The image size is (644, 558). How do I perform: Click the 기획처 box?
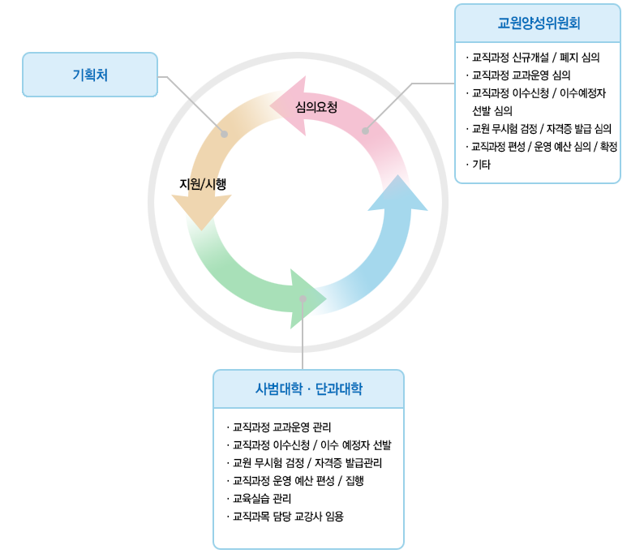point(90,75)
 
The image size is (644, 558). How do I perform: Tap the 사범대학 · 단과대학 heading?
point(308,389)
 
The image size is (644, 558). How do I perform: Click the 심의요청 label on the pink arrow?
point(316,106)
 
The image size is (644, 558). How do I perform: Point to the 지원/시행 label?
point(203,184)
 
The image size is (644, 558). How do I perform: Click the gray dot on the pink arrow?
point(365,131)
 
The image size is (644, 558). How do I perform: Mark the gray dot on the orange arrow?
point(225,134)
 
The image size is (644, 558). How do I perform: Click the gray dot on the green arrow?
point(303,298)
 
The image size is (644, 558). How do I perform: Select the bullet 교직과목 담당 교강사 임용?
point(287,516)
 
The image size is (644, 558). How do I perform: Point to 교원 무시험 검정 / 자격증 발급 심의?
point(541,129)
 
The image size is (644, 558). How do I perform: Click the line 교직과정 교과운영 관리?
point(281,427)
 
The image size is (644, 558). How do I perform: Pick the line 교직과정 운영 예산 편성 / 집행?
point(298,480)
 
